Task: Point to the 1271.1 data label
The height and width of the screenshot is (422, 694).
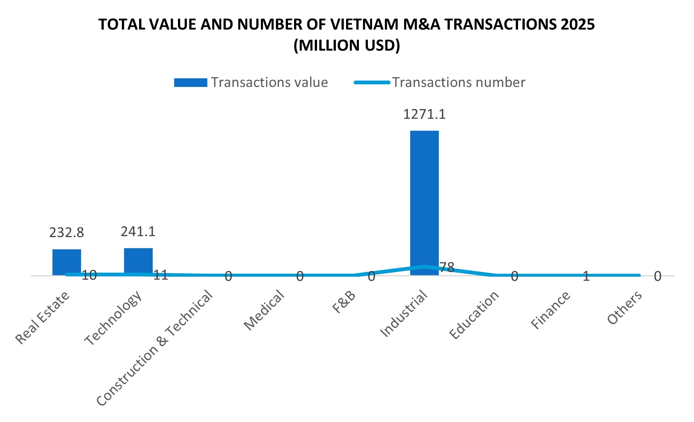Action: click(424, 114)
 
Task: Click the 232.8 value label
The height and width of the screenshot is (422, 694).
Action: click(66, 233)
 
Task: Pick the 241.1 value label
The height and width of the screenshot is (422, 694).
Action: click(138, 232)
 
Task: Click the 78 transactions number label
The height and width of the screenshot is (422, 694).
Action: click(447, 267)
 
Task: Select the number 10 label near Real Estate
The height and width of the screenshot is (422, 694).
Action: click(89, 275)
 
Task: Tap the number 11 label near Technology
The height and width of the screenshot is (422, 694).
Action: click(161, 275)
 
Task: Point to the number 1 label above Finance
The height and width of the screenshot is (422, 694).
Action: click(586, 277)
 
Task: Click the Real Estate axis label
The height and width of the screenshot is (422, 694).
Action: click(43, 318)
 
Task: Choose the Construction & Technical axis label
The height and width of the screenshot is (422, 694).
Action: click(155, 348)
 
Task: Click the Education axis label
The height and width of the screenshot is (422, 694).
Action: click(474, 315)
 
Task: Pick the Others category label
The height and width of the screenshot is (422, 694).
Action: click(625, 308)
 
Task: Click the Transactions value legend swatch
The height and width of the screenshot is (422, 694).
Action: click(190, 82)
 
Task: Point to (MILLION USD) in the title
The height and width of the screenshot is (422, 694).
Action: click(346, 46)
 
